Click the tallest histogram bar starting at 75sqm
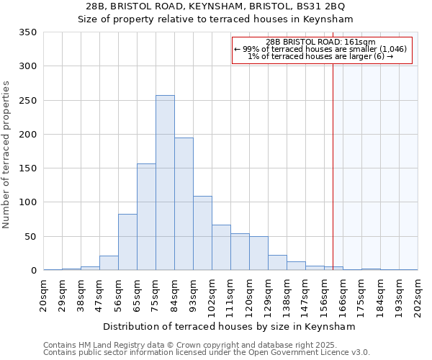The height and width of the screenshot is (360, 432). tap(165, 183)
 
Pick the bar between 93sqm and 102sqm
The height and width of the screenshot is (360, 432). tap(202, 233)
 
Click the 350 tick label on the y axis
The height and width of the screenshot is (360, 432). tap(28, 32)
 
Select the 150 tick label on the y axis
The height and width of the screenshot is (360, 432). tap(28, 168)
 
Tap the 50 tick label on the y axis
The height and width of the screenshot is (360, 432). tap(31, 237)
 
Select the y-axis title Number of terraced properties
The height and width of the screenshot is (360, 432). tap(6, 155)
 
